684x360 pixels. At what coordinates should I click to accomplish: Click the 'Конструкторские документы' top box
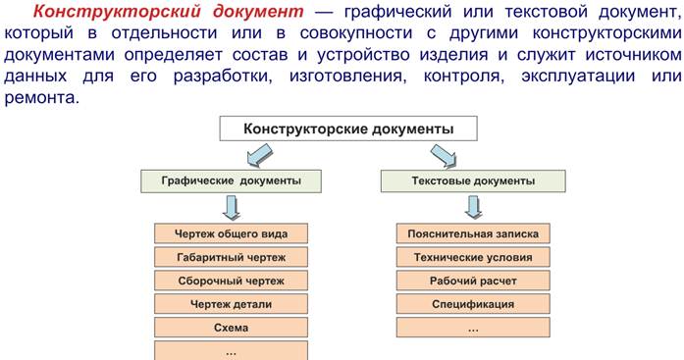point(348,129)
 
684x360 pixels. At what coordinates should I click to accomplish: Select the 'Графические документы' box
point(231,181)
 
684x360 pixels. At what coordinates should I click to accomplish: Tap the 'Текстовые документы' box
point(471,181)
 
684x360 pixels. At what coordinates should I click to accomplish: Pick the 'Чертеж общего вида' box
point(231,233)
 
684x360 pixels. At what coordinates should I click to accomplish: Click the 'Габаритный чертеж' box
point(231,257)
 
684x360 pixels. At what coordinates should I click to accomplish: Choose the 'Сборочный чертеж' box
point(231,281)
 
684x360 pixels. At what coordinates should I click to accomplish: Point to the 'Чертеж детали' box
point(231,304)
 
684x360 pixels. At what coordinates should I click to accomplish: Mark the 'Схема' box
point(231,328)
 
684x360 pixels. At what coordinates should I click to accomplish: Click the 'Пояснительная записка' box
point(472,233)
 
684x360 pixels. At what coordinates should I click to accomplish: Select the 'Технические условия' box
point(472,257)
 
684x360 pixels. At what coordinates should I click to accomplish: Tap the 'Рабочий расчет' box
point(472,281)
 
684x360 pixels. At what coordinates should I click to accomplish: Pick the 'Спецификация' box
point(472,304)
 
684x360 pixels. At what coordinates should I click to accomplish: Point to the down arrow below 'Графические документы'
point(232,207)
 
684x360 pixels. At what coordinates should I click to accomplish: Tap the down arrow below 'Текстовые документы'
point(472,207)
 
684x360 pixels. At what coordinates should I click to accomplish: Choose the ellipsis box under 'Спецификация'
point(472,328)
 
